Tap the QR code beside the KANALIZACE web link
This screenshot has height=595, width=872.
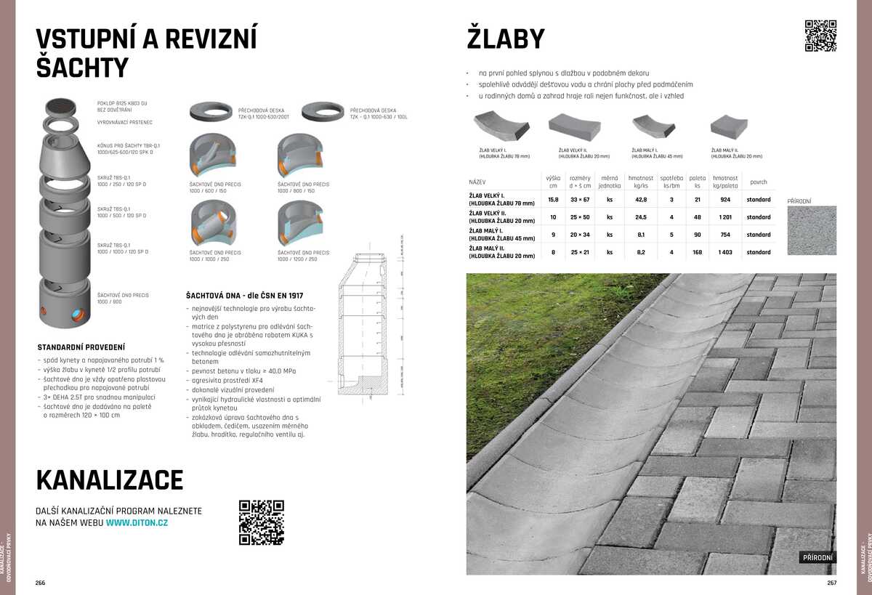pyautogui.click(x=261, y=522)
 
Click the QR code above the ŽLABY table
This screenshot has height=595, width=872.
pyautogui.click(x=820, y=36)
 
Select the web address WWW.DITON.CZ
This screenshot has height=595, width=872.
pyautogui.click(x=137, y=522)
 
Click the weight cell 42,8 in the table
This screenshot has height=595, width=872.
pyautogui.click(x=641, y=200)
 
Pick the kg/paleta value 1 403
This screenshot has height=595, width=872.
pyautogui.click(x=724, y=252)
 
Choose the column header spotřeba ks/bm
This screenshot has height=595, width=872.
pyautogui.click(x=671, y=182)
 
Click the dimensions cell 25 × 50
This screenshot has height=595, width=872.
pyautogui.click(x=580, y=217)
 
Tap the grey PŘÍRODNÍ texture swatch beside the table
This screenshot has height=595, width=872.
pyautogui.click(x=812, y=230)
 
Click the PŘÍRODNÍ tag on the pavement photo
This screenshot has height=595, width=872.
pyautogui.click(x=817, y=558)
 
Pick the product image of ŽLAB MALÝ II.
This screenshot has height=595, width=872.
pyautogui.click(x=729, y=127)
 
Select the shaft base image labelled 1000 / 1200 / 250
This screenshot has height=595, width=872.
pyautogui.click(x=301, y=225)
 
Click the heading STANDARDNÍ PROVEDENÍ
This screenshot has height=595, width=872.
pyautogui.click(x=81, y=347)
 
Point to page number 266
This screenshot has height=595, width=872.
pyautogui.click(x=41, y=583)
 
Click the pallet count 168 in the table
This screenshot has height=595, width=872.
pyautogui.click(x=697, y=252)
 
